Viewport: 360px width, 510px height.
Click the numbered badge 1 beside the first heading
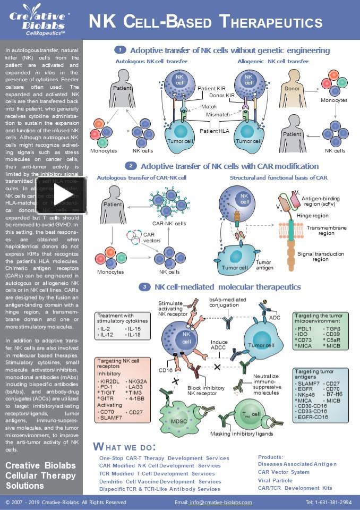(120, 50)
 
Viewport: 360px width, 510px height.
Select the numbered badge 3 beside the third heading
(144, 287)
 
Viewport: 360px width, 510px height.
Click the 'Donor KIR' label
(222, 96)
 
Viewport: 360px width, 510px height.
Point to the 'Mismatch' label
(218, 114)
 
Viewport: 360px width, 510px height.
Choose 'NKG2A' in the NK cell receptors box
(137, 381)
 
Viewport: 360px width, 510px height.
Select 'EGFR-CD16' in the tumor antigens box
(313, 418)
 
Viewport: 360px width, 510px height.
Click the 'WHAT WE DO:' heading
(124, 446)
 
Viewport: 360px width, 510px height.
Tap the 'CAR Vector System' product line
(284, 472)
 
